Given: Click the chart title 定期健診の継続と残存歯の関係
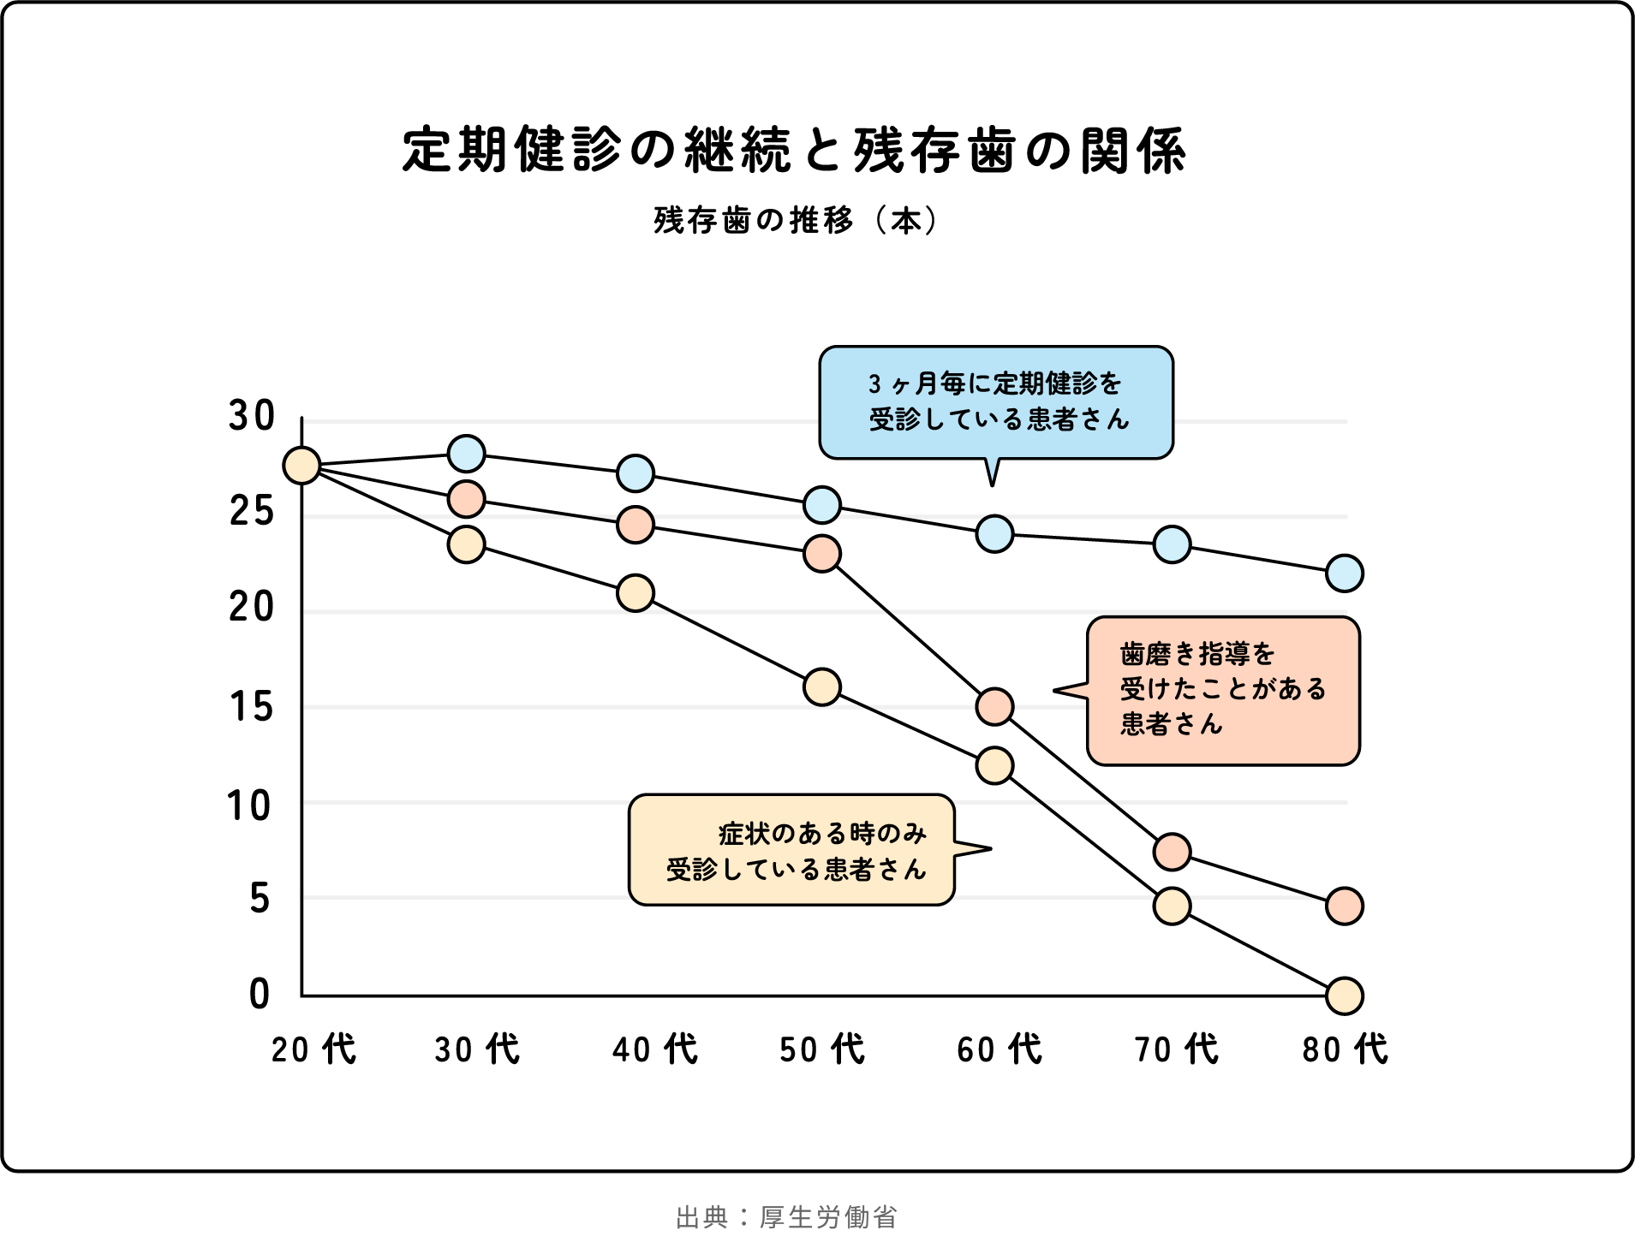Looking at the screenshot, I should pyautogui.click(x=794, y=151).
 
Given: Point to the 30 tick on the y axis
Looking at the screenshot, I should pyautogui.click(x=251, y=416).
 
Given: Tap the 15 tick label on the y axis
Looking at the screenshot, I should pyautogui.click(x=251, y=707).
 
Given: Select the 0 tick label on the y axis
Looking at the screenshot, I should pyautogui.click(x=259, y=994).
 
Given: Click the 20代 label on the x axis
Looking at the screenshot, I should pyautogui.click(x=313, y=1049).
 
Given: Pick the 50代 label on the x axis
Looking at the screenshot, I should pyautogui.click(x=822, y=1049).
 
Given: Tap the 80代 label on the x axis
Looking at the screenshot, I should pyautogui.click(x=1345, y=1049).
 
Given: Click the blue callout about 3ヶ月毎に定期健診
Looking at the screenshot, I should pyautogui.click(x=996, y=402).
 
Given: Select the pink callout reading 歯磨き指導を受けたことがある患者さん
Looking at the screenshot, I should pyautogui.click(x=1223, y=690).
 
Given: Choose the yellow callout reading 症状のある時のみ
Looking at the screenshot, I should pyautogui.click(x=791, y=850).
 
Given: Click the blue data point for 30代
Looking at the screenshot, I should pyautogui.click(x=467, y=454).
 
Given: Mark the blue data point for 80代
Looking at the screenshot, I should pyautogui.click(x=1345, y=574).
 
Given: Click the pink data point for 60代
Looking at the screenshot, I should pyautogui.click(x=994, y=706).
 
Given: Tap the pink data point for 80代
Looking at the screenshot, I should pyautogui.click(x=1345, y=906).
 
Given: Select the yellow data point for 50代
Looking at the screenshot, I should pyautogui.click(x=822, y=686).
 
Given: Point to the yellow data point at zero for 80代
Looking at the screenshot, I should pyautogui.click(x=1345, y=995).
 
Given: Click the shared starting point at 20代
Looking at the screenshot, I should pyautogui.click(x=301, y=466).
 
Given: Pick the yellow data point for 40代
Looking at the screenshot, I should pyautogui.click(x=636, y=593).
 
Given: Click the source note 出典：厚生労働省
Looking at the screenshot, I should pyautogui.click(x=786, y=1217).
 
